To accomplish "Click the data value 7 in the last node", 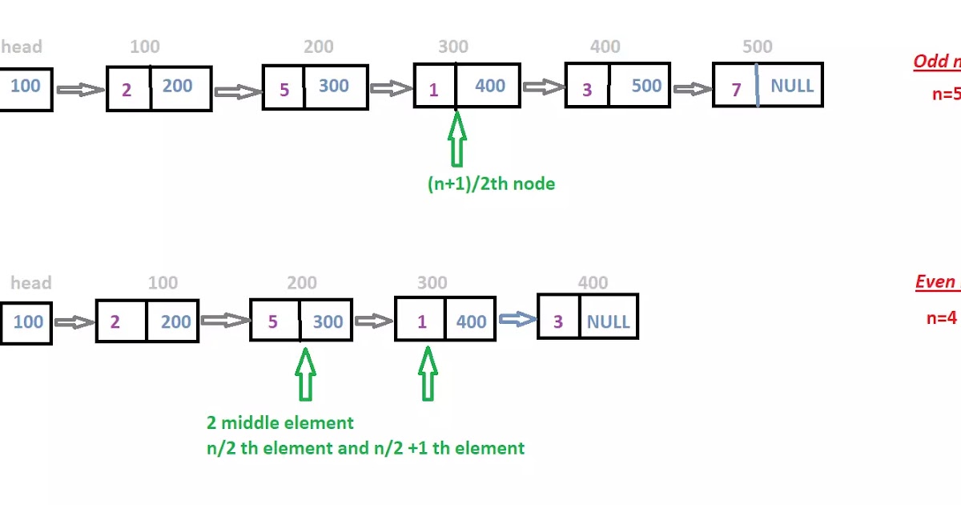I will coord(736,89).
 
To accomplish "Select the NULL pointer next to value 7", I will coord(791,86).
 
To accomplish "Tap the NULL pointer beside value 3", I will coord(609,321).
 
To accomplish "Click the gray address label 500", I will coord(757,46).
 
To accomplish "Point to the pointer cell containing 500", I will coord(646,86).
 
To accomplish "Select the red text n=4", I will coord(942,317).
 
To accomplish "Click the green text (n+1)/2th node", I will coord(491,184).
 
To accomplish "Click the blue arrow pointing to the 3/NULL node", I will coord(517,319).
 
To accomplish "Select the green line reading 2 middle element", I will coord(279,422).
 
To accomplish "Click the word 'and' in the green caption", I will coord(353,447).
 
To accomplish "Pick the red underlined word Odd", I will coord(927,62).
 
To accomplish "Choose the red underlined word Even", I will coord(934,282).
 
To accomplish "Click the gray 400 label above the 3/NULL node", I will coord(593,282).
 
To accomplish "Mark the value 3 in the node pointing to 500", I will coord(586,89).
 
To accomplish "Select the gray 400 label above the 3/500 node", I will coord(605,46).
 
